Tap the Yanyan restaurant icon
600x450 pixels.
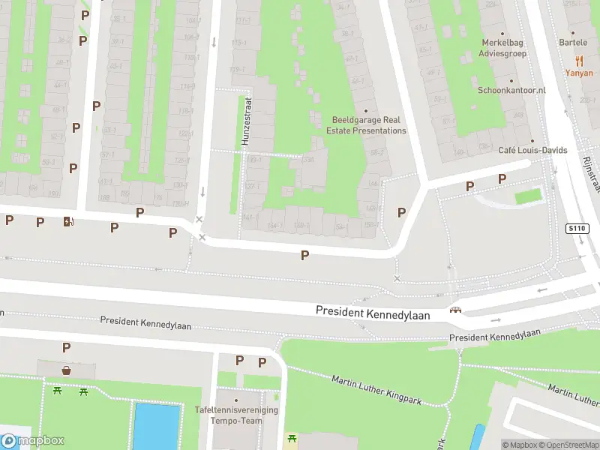pos(579,61)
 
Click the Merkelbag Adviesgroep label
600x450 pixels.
pos(504,48)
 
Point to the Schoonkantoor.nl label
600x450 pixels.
pos(512,90)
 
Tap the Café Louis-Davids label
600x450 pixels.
pos(532,150)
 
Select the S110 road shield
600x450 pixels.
pos(576,227)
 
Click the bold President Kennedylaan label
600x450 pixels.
pos(373,313)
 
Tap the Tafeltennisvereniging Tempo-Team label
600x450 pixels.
pos(236,415)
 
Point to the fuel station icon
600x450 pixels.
pos(69,220)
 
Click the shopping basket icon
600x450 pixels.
pos(67,370)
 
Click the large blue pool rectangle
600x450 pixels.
pos(157,425)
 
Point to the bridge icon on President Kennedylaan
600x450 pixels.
pos(454,310)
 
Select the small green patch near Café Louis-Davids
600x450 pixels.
pos(529,196)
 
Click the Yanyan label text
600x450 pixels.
pos(579,73)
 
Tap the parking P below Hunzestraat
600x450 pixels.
pos(304,256)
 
